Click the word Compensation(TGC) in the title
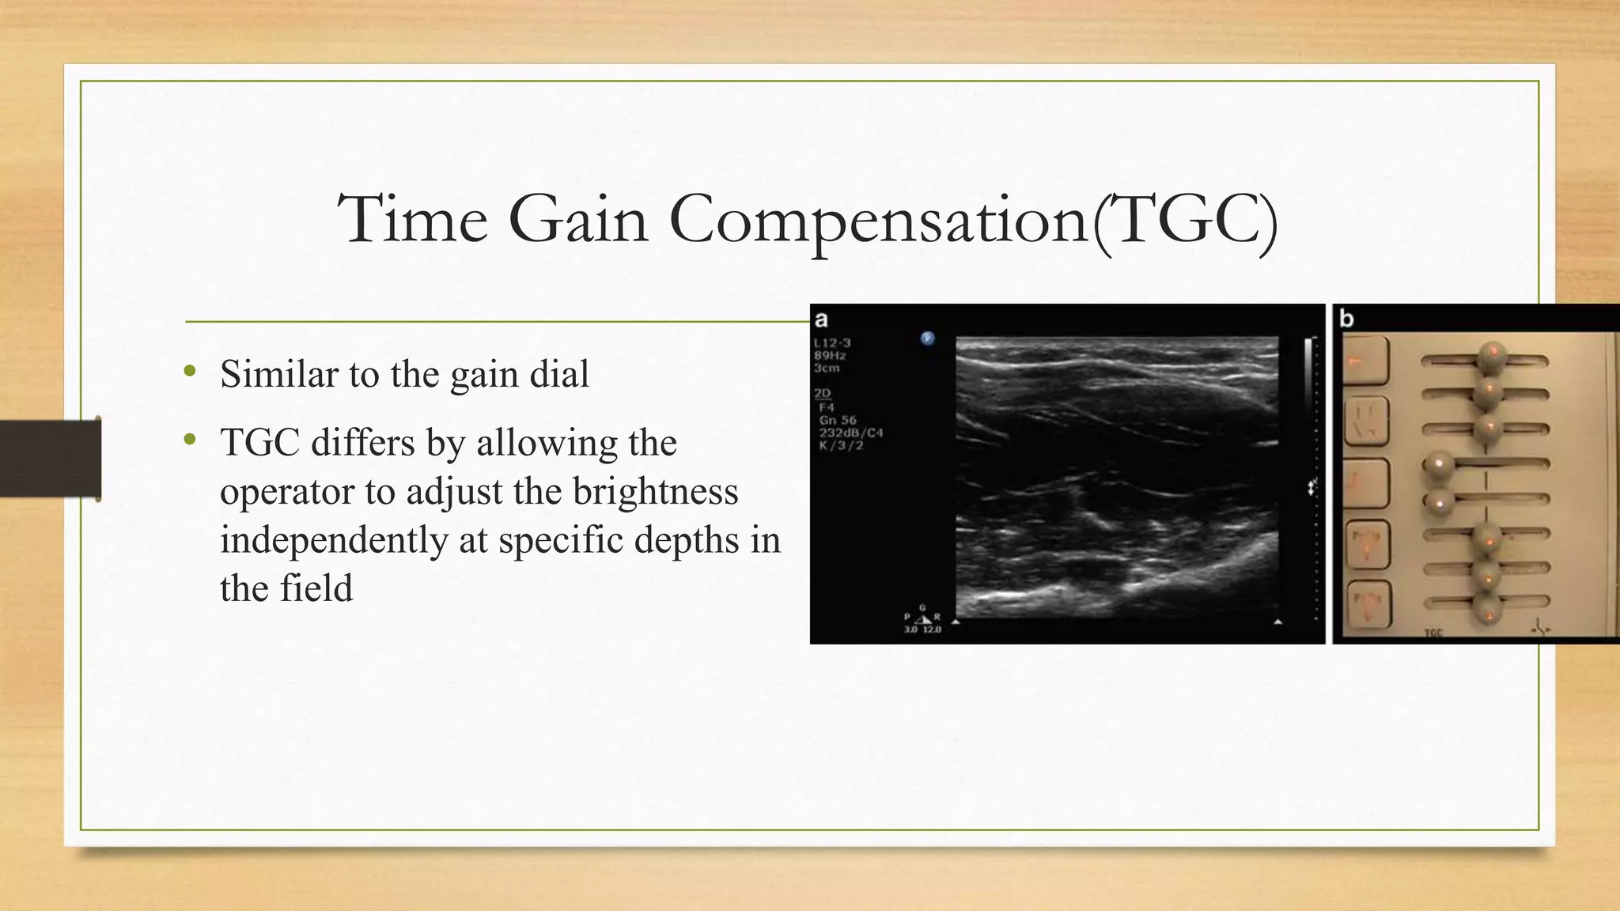973,220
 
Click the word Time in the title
412,220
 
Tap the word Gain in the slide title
578,220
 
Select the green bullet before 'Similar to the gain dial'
189,371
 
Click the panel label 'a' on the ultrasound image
821,319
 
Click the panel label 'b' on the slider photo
1346,319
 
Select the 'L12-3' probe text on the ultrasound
831,343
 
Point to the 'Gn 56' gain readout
837,421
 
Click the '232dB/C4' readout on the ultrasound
850,433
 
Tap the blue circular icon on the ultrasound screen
928,338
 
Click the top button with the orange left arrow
1365,361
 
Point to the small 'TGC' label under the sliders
1433,633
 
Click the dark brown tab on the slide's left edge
50,459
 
